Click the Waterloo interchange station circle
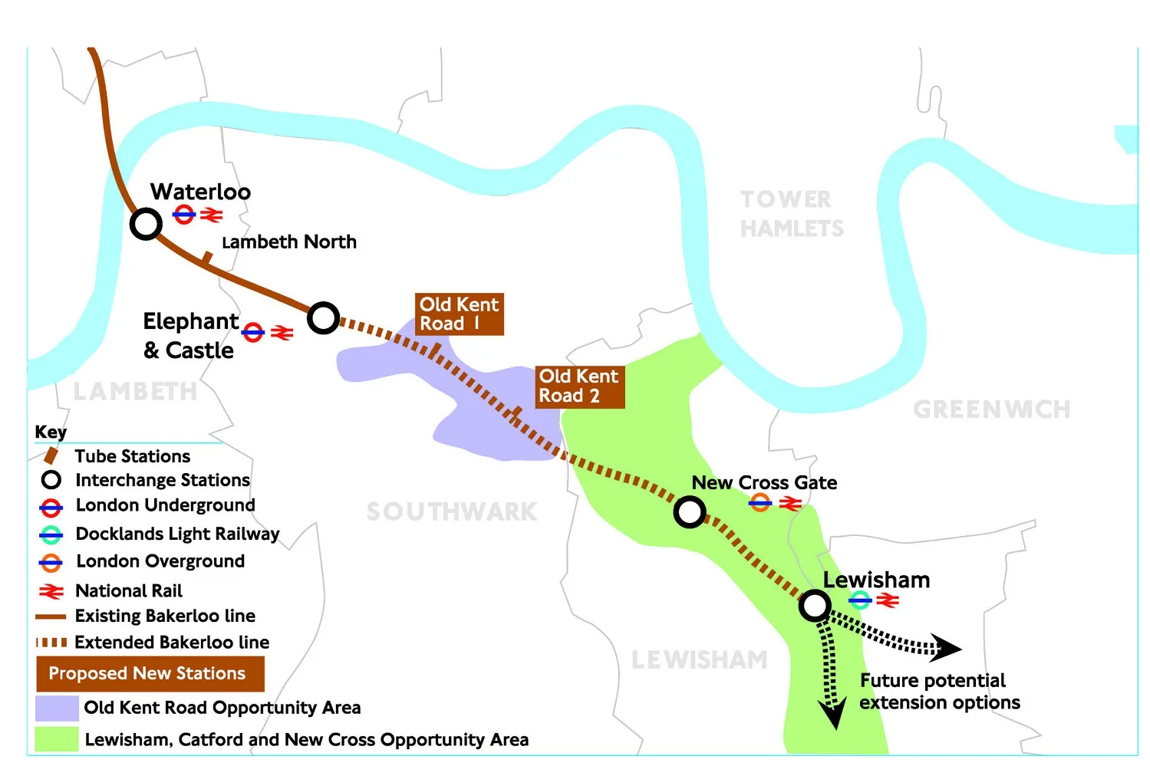pyautogui.click(x=146, y=224)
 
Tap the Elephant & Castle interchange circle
pyautogui.click(x=324, y=317)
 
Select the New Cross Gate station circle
pyautogui.click(x=690, y=512)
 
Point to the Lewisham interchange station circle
pyautogui.click(x=815, y=606)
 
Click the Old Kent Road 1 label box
pyautogui.click(x=459, y=314)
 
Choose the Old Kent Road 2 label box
pyautogui.click(x=579, y=386)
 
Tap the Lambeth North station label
pyautogui.click(x=289, y=242)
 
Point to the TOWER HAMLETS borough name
pyautogui.click(x=791, y=214)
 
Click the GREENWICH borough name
pyautogui.click(x=991, y=409)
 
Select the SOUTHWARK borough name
pyautogui.click(x=452, y=511)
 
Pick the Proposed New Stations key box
pyautogui.click(x=150, y=674)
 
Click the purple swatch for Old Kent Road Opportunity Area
pyautogui.click(x=57, y=708)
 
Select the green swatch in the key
pyautogui.click(x=57, y=739)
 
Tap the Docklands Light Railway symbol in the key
pyautogui.click(x=51, y=534)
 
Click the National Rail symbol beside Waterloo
pyautogui.click(x=211, y=215)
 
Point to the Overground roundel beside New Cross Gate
pyautogui.click(x=760, y=503)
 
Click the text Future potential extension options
pyautogui.click(x=939, y=692)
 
